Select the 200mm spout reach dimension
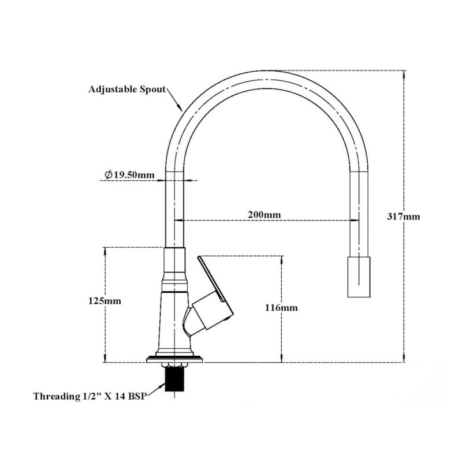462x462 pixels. pos(264,215)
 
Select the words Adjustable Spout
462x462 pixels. pos(126,90)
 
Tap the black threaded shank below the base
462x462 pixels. pos(175,381)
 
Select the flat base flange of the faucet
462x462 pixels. pos(175,359)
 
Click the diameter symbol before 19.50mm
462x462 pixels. pos(108,174)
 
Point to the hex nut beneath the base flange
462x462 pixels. pos(175,365)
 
